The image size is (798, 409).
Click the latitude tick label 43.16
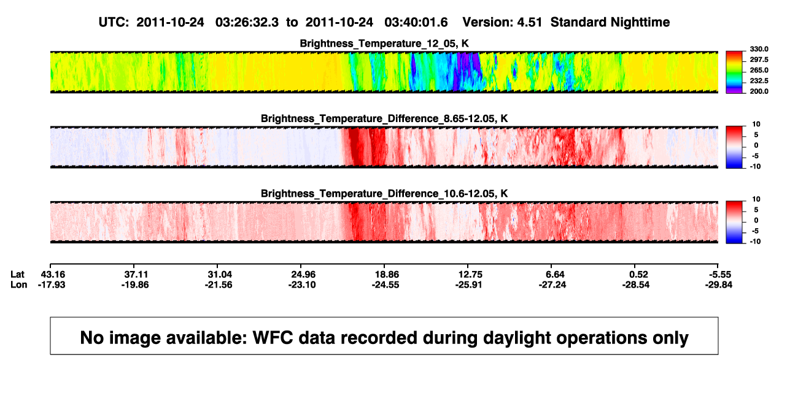[53, 275]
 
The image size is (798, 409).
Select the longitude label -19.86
[135, 285]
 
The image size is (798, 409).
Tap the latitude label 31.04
[220, 275]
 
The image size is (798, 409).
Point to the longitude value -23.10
[302, 285]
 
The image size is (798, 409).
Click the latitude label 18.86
[387, 275]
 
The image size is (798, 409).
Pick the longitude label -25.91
[468, 285]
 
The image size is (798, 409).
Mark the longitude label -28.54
[636, 285]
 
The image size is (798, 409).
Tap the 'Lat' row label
[17, 275]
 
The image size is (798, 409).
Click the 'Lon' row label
[19, 285]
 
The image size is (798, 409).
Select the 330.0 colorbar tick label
[759, 49]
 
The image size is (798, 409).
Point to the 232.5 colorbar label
[759, 81]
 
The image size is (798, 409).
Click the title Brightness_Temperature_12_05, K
[384, 44]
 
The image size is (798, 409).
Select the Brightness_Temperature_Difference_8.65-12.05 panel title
[384, 118]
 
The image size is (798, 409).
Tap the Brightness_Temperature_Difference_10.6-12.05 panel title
[384, 194]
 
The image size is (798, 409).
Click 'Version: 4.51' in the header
[502, 23]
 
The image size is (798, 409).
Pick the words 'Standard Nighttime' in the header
[610, 23]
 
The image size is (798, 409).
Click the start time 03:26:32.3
[247, 23]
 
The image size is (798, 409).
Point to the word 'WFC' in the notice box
[273, 337]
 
